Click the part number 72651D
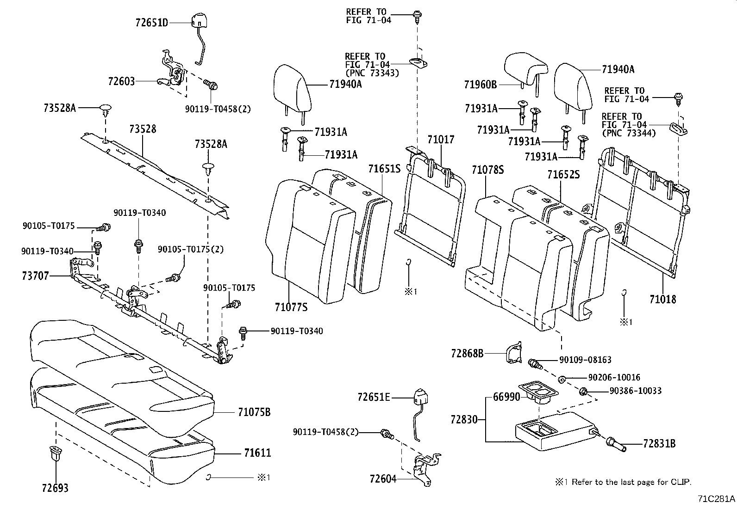pos(152,22)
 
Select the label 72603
pos(121,81)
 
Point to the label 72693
pos(55,488)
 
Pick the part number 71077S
pos(291,307)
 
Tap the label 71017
pos(441,140)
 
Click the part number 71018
pos(662,299)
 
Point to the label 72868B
pos(467,354)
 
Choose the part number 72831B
pos(659,444)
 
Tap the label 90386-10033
pos(635,391)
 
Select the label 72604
pos(383,479)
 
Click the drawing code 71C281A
pos(716,499)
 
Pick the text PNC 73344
pos(629,133)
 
